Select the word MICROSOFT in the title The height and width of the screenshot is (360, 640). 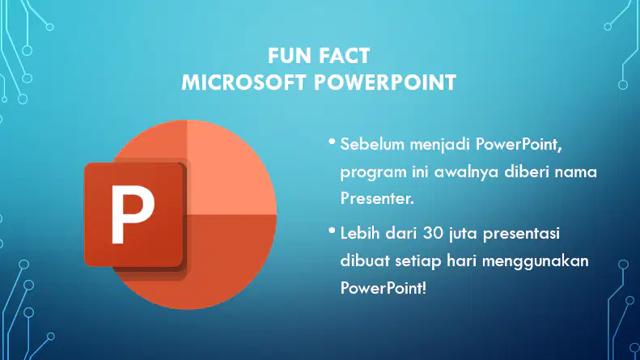(x=244, y=83)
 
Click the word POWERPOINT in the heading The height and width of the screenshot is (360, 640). (x=385, y=83)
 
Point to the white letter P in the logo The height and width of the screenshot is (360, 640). (x=132, y=214)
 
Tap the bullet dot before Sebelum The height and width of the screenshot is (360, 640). (x=332, y=142)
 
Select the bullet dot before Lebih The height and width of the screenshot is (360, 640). (x=332, y=231)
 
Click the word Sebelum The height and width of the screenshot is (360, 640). (x=372, y=144)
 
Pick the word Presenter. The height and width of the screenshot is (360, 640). (x=377, y=198)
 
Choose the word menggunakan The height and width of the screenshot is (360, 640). (x=536, y=261)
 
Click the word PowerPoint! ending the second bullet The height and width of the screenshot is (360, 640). (x=384, y=288)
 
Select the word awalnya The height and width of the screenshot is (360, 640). (x=466, y=172)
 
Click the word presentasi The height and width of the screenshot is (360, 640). (x=522, y=235)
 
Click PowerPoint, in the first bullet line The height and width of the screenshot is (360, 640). (x=519, y=145)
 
